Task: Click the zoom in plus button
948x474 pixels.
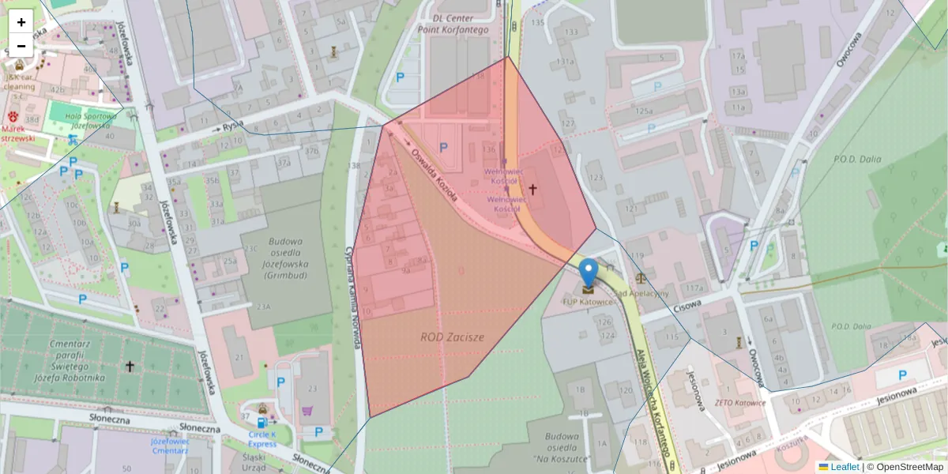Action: [21, 22]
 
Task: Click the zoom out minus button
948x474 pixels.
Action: [21, 46]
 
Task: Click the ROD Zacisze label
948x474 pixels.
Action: [452, 337]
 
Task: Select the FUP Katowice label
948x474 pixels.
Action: [588, 302]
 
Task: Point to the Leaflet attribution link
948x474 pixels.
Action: [845, 467]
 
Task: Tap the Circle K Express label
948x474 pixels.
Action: [262, 438]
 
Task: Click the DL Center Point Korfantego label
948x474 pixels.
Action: [464, 23]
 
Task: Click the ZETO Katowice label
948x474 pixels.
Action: [739, 403]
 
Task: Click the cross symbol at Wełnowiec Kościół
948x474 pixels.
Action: [533, 190]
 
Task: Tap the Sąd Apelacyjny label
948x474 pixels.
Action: [641, 293]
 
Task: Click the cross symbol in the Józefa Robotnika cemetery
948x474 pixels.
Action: [130, 367]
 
